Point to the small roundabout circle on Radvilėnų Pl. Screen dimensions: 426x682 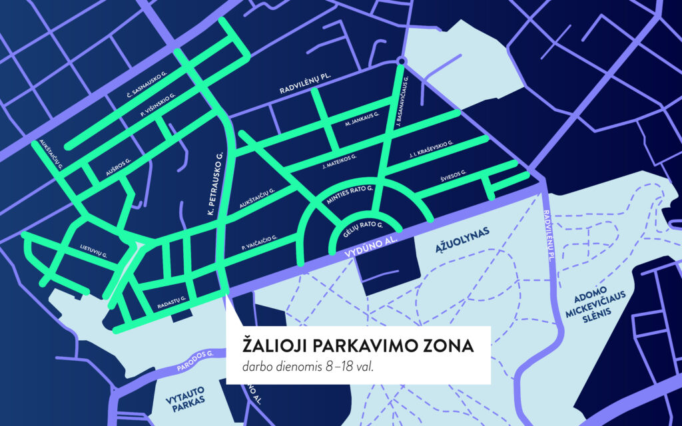[x=401, y=62]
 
